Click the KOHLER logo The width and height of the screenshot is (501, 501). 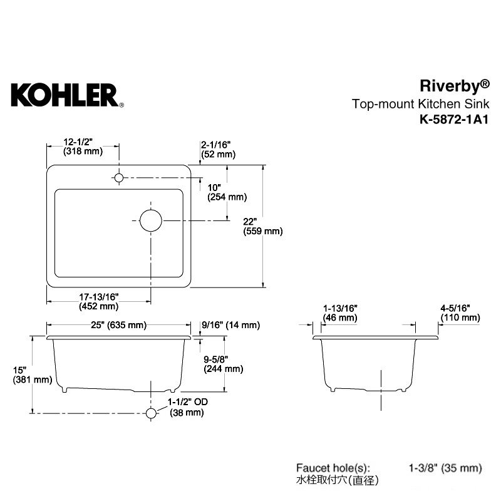pyautogui.click(x=68, y=95)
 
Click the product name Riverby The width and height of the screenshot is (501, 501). pyautogui.click(x=455, y=86)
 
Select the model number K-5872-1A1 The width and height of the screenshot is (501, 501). pyautogui.click(x=454, y=120)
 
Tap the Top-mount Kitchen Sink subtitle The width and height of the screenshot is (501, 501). pyautogui.click(x=420, y=104)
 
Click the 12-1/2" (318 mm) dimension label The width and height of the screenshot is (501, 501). pyautogui.click(x=83, y=147)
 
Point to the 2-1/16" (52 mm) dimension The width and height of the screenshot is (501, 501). pyautogui.click(x=218, y=150)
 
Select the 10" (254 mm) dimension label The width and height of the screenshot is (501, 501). pyautogui.click(x=227, y=192)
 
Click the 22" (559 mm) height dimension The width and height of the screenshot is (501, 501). pyautogui.click(x=262, y=226)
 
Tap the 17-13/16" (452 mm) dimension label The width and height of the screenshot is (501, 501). pyautogui.click(x=99, y=302)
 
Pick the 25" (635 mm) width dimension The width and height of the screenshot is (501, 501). pyautogui.click(x=119, y=325)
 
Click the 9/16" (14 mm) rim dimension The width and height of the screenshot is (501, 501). pyautogui.click(x=230, y=325)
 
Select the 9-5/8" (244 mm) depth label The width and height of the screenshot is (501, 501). pyautogui.click(x=224, y=364)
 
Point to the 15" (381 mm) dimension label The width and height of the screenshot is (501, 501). pyautogui.click(x=33, y=375)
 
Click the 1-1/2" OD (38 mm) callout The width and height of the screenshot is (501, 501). pyautogui.click(x=188, y=407)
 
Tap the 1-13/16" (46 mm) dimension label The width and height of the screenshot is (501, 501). pyautogui.click(x=340, y=313)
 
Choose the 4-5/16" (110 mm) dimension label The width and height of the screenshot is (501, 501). pyautogui.click(x=460, y=312)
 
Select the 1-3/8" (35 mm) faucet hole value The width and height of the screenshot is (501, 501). pyautogui.click(x=445, y=468)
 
